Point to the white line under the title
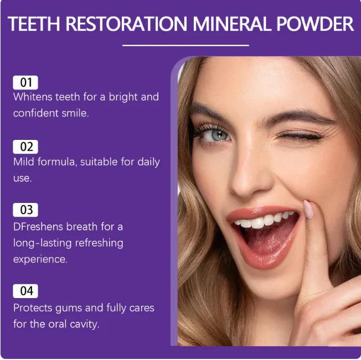[185, 45]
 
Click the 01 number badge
[25, 83]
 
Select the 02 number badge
[25, 147]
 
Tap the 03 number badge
[25, 210]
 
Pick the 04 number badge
[25, 291]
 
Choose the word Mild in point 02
[24, 162]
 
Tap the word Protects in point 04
[33, 307]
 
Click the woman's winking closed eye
[303, 136]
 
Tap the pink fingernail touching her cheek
[308, 209]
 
